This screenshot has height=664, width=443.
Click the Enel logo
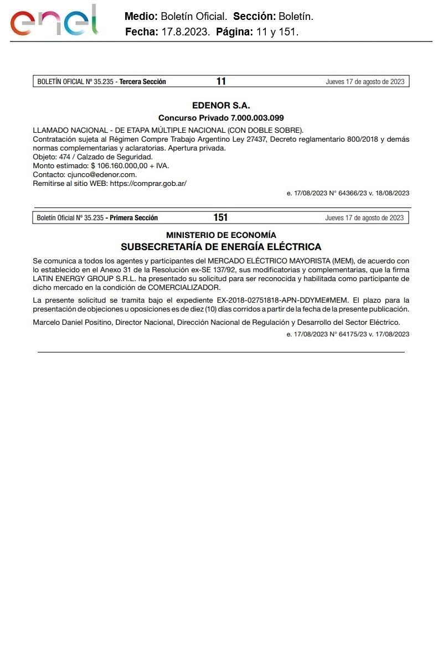pos(54,20)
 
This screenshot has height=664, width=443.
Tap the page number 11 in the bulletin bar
pos(221,81)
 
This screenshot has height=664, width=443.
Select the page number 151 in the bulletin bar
pos(220,217)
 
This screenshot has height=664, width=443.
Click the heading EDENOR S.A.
pos(221,105)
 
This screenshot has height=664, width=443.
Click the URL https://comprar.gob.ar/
pos(148,183)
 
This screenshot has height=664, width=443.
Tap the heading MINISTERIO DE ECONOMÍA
pos(221,235)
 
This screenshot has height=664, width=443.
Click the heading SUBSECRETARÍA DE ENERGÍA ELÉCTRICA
pos(221,247)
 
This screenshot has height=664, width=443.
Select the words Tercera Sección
pos(143,82)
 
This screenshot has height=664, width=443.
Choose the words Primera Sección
pos(134,218)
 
